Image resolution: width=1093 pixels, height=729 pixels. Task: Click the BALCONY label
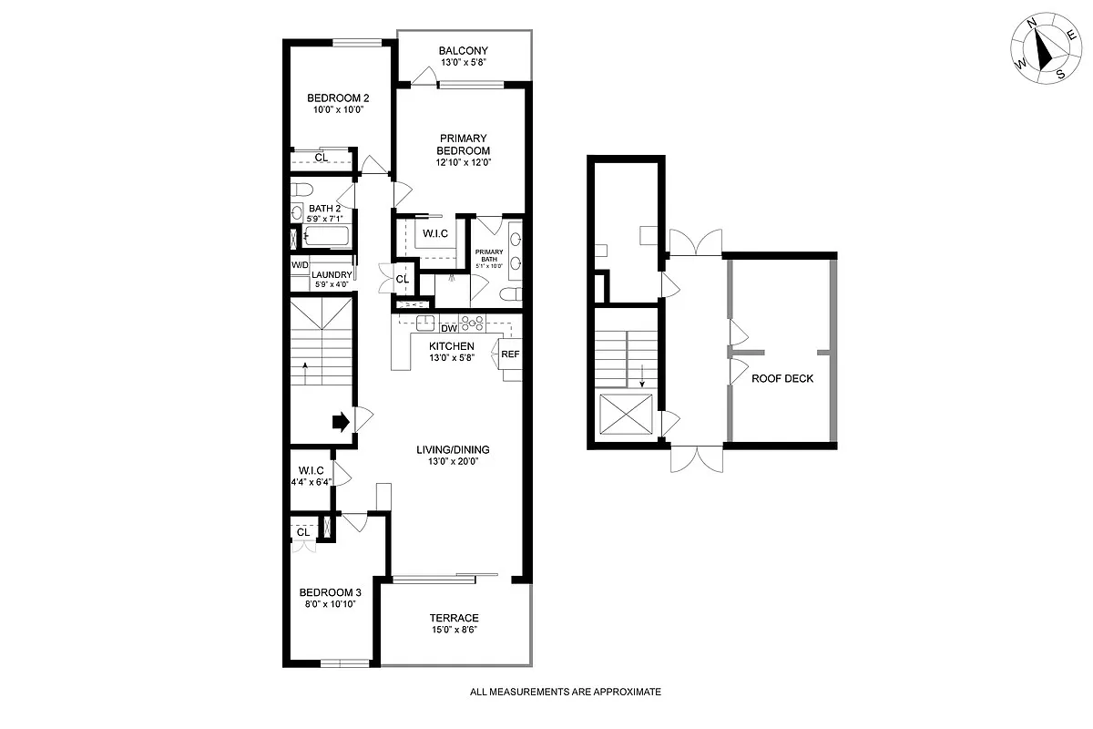[463, 50]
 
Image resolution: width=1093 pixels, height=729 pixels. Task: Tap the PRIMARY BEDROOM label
[464, 144]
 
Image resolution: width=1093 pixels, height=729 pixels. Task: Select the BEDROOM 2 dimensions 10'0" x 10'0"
[337, 109]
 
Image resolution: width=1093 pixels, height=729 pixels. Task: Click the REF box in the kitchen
[510, 354]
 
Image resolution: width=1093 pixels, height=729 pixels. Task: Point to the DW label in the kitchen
[448, 328]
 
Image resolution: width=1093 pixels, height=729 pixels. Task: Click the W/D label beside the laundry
[300, 265]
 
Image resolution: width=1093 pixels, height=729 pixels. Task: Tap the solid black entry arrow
[340, 421]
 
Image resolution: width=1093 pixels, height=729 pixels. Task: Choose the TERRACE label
[455, 618]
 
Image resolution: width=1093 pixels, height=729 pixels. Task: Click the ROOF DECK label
[781, 378]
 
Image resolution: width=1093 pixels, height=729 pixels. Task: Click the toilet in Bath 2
[301, 190]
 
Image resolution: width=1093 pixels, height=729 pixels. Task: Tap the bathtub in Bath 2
[325, 238]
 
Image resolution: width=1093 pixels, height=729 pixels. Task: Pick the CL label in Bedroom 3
[302, 532]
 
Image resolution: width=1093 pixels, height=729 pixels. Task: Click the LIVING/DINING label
[453, 449]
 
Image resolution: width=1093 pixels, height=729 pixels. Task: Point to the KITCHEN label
[452, 346]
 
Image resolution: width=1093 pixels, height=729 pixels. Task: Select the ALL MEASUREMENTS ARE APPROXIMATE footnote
[565, 692]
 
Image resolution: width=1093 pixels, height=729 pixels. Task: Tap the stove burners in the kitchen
[471, 322]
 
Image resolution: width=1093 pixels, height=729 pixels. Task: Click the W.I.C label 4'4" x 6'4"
[305, 471]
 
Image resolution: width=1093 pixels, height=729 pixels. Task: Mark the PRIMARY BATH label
[488, 256]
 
